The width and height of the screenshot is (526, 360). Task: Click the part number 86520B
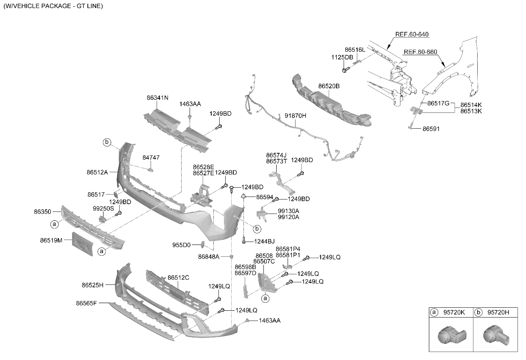[329, 86]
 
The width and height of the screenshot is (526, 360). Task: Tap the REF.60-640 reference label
[412, 34]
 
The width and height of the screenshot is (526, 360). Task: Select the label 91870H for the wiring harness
[295, 115]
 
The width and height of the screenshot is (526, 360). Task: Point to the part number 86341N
[157, 98]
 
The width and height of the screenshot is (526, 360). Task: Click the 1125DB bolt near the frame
[346, 69]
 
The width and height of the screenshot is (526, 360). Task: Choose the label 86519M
[51, 240]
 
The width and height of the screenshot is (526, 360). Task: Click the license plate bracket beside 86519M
[82, 244]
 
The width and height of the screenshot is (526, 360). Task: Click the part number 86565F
[86, 303]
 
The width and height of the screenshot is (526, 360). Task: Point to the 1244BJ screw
[244, 240]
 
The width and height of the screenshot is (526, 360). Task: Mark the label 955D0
[181, 245]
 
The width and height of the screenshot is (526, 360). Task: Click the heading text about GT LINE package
[53, 6]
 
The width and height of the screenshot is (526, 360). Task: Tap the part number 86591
[431, 129]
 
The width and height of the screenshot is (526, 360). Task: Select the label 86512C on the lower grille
[178, 278]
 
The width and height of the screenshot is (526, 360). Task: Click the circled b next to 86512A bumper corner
[107, 142]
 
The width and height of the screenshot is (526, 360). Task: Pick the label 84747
[151, 157]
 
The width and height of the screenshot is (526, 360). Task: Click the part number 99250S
[104, 208]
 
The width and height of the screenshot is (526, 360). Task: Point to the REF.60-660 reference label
[420, 52]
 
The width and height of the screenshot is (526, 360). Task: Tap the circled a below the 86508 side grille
[266, 298]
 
